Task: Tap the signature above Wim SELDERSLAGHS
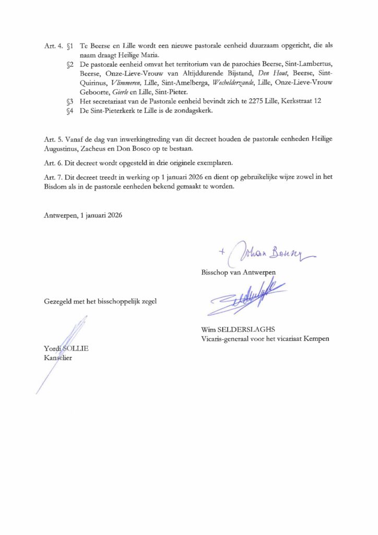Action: [245, 300]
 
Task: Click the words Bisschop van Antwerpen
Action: [238, 273]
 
